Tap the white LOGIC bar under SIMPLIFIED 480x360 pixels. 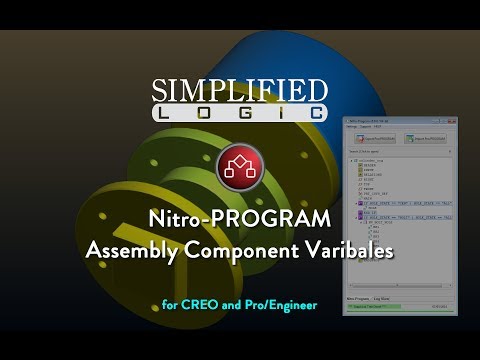point(239,114)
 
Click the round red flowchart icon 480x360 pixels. point(239,167)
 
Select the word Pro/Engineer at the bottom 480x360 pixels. point(281,304)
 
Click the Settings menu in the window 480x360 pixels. point(350,127)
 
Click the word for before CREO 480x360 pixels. point(170,304)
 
